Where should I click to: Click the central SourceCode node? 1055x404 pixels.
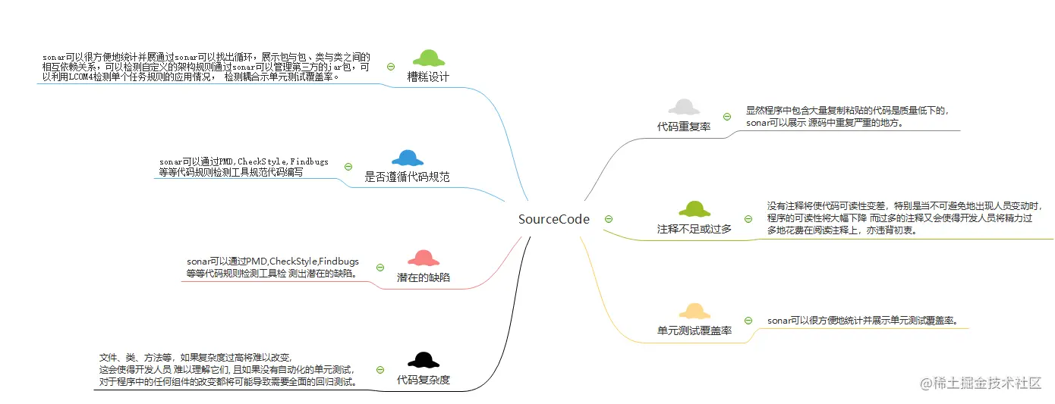click(553, 219)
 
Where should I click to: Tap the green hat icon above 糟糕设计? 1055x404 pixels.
click(429, 58)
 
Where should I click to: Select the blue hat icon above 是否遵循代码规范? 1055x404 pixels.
click(408, 158)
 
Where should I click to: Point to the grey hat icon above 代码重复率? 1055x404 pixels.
click(684, 108)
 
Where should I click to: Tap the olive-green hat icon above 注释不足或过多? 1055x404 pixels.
click(694, 208)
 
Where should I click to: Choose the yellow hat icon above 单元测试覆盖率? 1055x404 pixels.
click(694, 311)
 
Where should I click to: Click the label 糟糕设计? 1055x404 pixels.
click(428, 77)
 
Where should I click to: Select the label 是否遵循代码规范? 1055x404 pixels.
click(408, 177)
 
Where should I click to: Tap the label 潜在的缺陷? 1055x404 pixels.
click(424, 277)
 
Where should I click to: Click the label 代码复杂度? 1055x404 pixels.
click(424, 379)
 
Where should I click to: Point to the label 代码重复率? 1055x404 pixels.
click(684, 127)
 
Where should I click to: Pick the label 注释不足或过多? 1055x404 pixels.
click(694, 228)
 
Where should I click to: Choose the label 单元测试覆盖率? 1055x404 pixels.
click(694, 330)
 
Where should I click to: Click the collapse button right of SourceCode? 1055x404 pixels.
click(609, 219)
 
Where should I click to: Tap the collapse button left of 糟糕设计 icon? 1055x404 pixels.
click(390, 67)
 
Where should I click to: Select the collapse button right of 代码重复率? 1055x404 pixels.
click(726, 117)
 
